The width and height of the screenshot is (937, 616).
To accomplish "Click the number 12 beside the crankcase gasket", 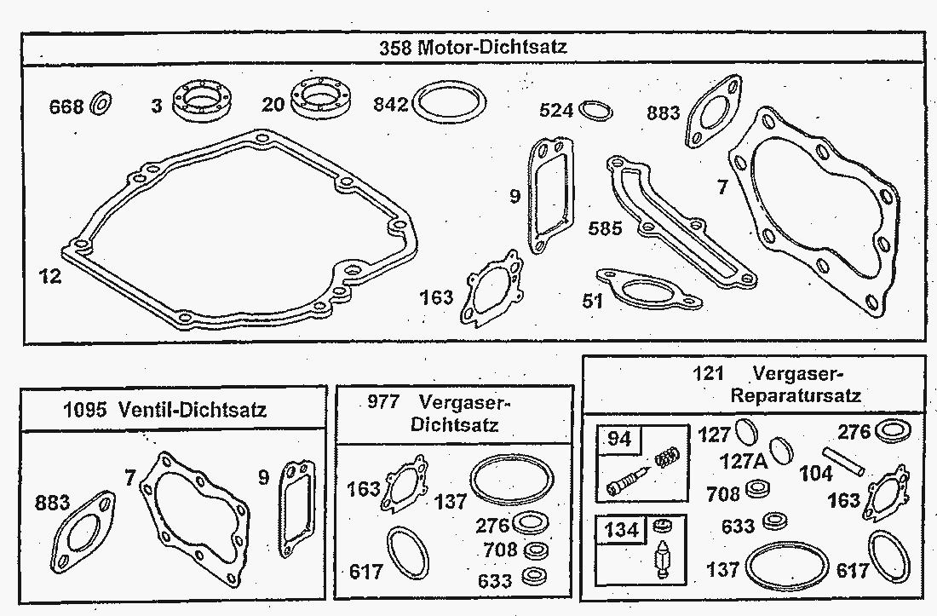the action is (x=50, y=276).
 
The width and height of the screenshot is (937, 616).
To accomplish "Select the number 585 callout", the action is (x=605, y=228).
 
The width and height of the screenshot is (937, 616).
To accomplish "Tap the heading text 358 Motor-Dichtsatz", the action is (x=473, y=47).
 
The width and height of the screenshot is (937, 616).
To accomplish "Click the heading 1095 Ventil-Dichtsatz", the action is (x=164, y=410).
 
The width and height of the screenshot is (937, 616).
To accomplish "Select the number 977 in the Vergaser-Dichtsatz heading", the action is (x=383, y=401).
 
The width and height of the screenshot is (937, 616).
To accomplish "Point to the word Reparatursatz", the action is (x=796, y=395).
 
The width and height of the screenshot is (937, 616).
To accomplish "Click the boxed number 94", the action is (x=619, y=439).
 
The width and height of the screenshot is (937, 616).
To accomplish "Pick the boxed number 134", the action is (x=622, y=529).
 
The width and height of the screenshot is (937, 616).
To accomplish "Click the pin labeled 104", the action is (x=843, y=461).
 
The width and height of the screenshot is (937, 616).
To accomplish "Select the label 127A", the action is (x=744, y=461).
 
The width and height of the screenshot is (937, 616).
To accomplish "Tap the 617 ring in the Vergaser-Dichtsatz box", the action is (x=407, y=553).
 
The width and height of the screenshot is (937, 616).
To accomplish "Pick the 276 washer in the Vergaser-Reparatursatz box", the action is (x=892, y=431).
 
